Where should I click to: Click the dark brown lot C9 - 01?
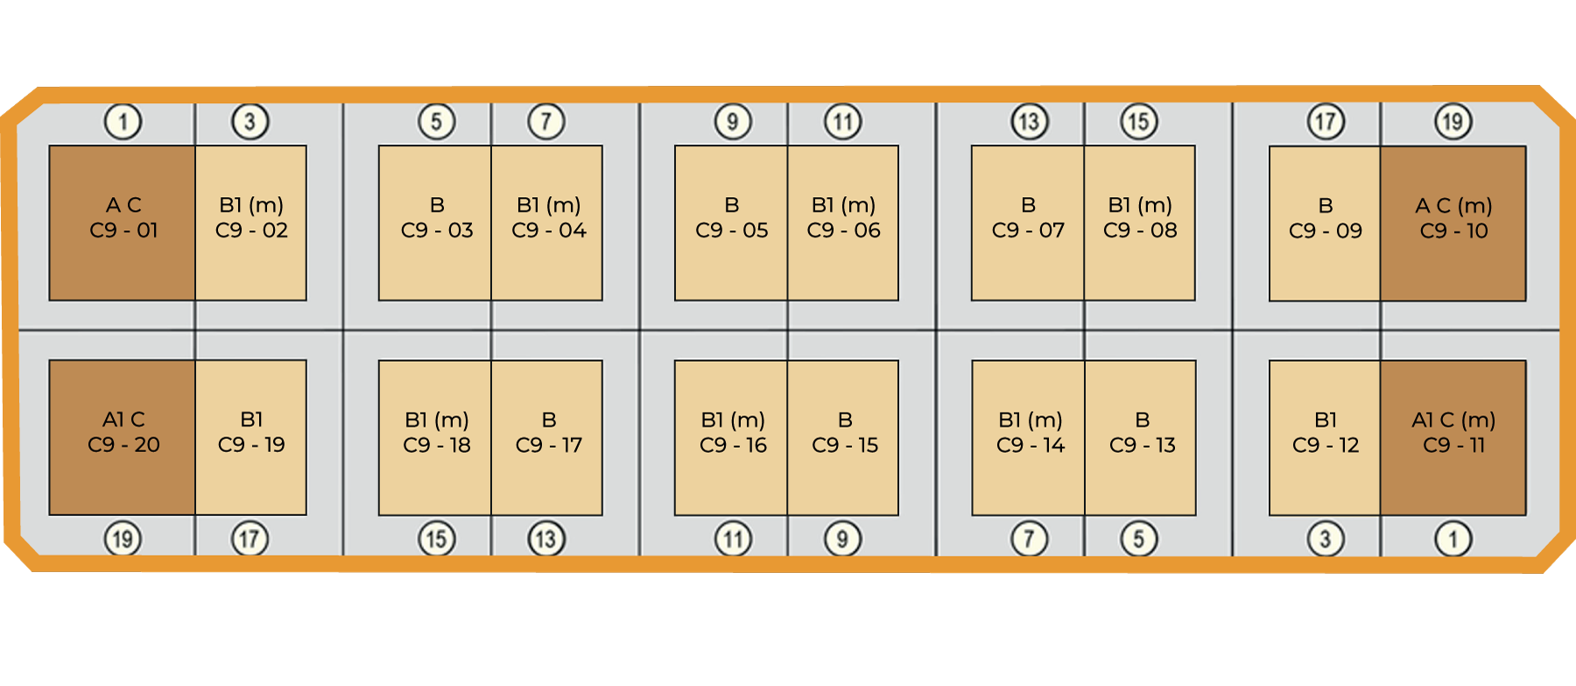(122, 223)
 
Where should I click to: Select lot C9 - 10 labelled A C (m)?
(1453, 223)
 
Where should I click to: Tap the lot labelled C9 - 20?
(122, 437)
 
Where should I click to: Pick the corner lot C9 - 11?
(1453, 437)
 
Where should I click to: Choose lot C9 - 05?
(731, 223)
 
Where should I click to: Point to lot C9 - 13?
(1141, 437)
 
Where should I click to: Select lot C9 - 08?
(1140, 223)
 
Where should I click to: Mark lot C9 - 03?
(435, 223)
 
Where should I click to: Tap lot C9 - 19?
(251, 437)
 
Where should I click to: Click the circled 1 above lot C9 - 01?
(123, 122)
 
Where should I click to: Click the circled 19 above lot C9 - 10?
(1453, 122)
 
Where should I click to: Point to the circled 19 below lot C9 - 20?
(123, 539)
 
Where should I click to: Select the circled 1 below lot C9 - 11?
(1453, 539)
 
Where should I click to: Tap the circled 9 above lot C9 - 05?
(733, 122)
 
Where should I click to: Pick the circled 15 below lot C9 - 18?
(436, 539)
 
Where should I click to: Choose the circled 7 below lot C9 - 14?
(1029, 539)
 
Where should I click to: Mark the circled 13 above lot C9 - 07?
(1029, 122)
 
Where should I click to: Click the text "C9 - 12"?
(1326, 445)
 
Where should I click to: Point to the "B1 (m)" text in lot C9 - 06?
(844, 205)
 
